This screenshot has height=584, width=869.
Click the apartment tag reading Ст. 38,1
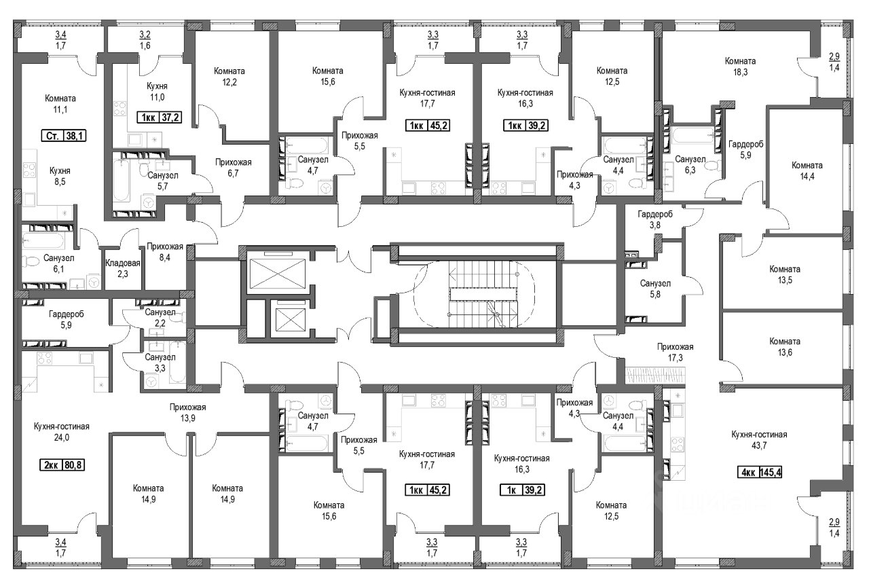pyautogui.click(x=64, y=136)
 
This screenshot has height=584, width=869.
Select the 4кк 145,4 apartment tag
pyautogui.click(x=760, y=473)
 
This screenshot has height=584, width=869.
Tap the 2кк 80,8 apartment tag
pyautogui.click(x=62, y=464)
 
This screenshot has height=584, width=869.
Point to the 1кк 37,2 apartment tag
pyautogui.click(x=160, y=117)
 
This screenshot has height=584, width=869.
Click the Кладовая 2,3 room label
pyautogui.click(x=123, y=268)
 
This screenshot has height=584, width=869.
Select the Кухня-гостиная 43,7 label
pyautogui.click(x=759, y=440)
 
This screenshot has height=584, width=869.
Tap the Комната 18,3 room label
pyautogui.click(x=740, y=67)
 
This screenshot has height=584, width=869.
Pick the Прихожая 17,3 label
pyautogui.click(x=676, y=352)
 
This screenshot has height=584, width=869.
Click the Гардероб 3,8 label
pyautogui.click(x=655, y=219)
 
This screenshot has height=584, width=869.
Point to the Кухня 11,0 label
pyautogui.click(x=157, y=92)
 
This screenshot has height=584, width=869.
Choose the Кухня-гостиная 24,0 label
pyautogui.click(x=62, y=432)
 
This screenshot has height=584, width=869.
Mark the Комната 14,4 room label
pyautogui.click(x=807, y=170)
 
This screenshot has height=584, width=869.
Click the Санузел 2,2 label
pyautogui.click(x=160, y=317)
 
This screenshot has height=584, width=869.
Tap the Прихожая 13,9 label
pyautogui.click(x=188, y=412)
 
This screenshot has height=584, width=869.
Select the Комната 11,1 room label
pyautogui.click(x=60, y=104)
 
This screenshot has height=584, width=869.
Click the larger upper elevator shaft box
pyautogui.click(x=278, y=274)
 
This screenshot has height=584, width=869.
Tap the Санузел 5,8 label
pyautogui.click(x=655, y=289)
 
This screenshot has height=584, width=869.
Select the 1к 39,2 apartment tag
pyautogui.click(x=522, y=490)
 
